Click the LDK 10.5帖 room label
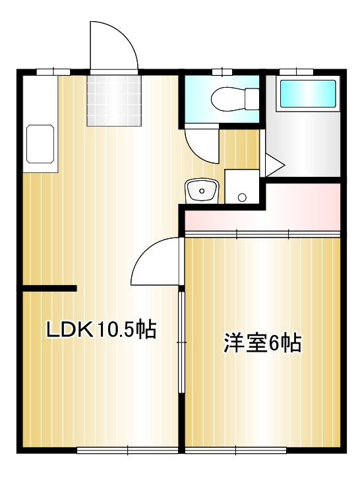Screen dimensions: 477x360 click(x=101, y=329)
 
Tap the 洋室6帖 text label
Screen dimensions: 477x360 click(x=262, y=343)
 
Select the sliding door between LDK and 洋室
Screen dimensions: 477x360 click(x=181, y=343)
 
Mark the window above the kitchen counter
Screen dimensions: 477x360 click(x=53, y=71)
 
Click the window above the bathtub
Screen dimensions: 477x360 click(x=296, y=71)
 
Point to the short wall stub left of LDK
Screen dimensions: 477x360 click(x=49, y=288)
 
